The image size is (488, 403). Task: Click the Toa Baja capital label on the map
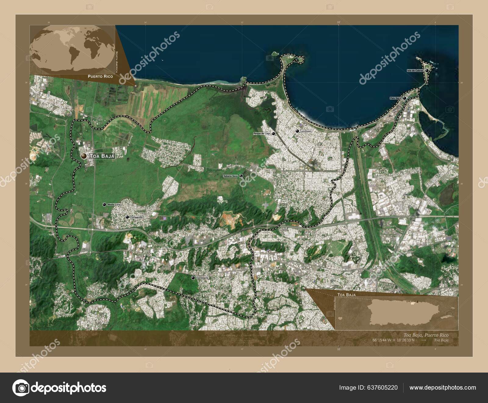(102, 156)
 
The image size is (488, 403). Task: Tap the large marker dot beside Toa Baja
(84, 156)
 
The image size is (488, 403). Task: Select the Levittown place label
(306, 131)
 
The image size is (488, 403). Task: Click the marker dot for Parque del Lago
(274, 134)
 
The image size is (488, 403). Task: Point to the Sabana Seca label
(230, 176)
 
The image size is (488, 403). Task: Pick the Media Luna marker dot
(104, 205)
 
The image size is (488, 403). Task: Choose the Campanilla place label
(136, 217)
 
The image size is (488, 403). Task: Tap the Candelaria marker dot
(193, 278)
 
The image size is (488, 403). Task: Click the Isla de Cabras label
(415, 71)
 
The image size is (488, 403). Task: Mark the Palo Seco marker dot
(404, 98)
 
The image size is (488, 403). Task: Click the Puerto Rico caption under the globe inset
(100, 76)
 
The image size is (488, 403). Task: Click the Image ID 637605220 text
(368, 388)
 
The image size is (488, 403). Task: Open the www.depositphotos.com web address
(443, 388)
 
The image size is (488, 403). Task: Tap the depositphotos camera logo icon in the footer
(20, 388)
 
